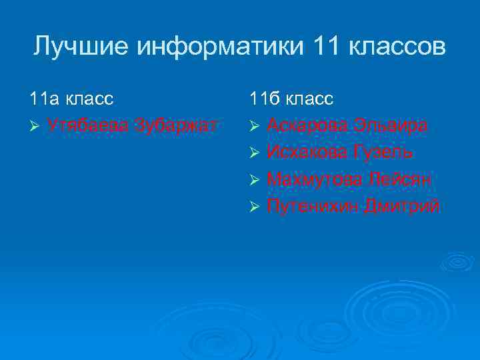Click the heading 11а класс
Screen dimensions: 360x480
(x=71, y=99)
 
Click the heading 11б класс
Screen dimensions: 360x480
(x=292, y=99)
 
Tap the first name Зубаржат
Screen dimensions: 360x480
(x=176, y=125)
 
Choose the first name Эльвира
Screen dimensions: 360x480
(x=391, y=125)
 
